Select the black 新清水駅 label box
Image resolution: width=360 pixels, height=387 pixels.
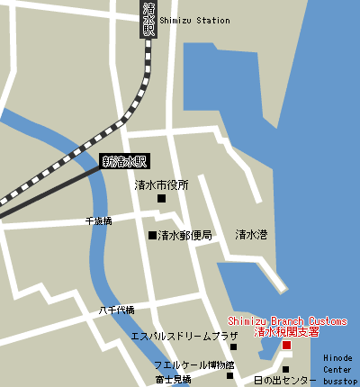pos(123,162)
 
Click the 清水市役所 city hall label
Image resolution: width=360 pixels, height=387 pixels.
pos(162,184)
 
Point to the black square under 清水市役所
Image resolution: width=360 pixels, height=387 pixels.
pos(162,198)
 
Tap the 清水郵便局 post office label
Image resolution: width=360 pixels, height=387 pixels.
pos(184,236)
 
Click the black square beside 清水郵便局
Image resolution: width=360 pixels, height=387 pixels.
pos(152,236)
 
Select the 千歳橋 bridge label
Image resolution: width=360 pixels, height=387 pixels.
pos(98,220)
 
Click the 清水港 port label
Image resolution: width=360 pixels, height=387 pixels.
pos(251,236)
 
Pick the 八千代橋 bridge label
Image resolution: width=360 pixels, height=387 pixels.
pos(116,310)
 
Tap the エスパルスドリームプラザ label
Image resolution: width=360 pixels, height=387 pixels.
pos(184,336)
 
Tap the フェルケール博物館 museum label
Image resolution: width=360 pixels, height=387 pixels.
pos(193,365)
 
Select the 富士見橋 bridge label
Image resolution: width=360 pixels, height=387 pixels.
pos(173,380)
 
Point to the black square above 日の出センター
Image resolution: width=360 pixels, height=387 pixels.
pos(285,369)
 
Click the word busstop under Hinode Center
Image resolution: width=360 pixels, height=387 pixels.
pos(341,381)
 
